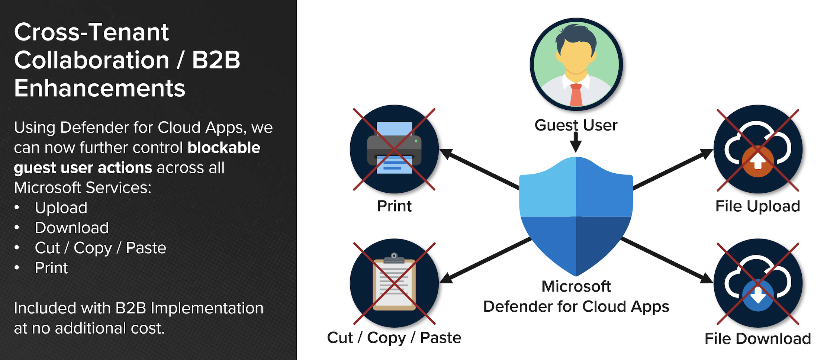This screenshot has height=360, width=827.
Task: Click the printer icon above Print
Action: click(x=394, y=149)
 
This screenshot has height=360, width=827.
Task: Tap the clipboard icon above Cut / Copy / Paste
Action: click(x=394, y=283)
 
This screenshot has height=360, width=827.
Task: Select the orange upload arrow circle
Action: click(x=758, y=161)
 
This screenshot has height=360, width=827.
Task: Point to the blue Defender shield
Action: click(x=576, y=216)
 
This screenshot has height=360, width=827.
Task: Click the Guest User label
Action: click(x=576, y=125)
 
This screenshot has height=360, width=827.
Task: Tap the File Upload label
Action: click(x=757, y=206)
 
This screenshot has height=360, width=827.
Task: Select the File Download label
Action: click(x=757, y=338)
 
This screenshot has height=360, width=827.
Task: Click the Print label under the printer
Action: click(x=394, y=206)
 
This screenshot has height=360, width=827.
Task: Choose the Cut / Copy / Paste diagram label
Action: click(x=394, y=338)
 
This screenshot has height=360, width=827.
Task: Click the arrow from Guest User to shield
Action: click(x=576, y=142)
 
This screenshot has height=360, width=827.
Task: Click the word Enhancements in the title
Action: click(x=100, y=89)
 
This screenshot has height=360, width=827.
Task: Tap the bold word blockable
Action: click(x=224, y=148)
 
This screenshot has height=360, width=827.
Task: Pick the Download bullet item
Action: click(x=71, y=228)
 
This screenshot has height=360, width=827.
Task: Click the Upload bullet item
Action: click(x=61, y=208)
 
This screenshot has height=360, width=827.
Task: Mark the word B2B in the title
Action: click(x=216, y=60)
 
